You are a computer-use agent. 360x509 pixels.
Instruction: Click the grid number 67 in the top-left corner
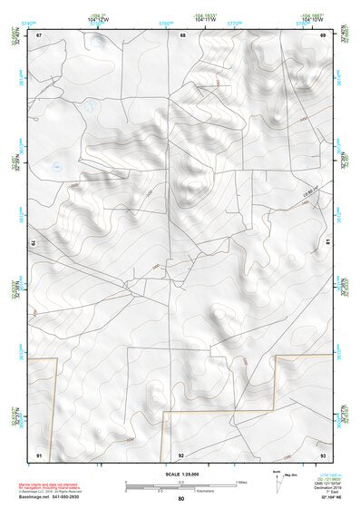(38, 35)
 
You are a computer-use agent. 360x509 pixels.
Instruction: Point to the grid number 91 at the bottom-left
(39, 454)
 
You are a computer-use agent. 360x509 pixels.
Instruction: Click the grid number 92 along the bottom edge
(181, 455)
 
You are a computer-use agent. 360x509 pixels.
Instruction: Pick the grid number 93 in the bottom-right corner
(322, 454)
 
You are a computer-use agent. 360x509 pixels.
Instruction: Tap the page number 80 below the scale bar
(181, 499)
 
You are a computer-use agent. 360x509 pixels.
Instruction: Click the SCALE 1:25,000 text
(180, 474)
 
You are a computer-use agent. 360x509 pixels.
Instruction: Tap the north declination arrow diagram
(277, 482)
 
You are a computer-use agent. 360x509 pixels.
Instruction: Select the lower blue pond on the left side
(55, 166)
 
